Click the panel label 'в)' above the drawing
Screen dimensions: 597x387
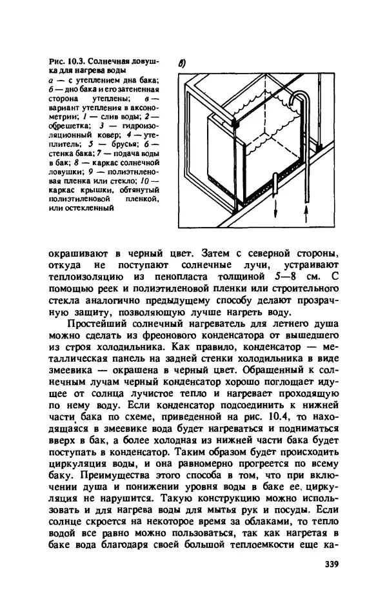click(x=183, y=64)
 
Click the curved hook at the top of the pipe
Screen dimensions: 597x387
click(x=299, y=97)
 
